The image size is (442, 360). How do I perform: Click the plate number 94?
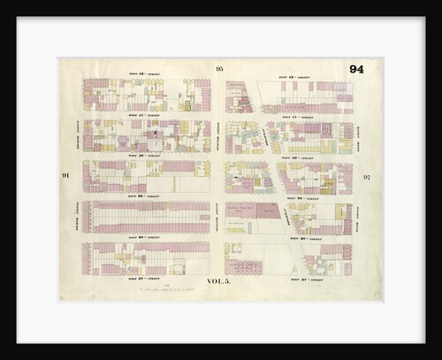point(355,70)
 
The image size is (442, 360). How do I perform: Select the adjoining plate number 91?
point(66,176)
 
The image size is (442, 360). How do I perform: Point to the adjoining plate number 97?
point(366,178)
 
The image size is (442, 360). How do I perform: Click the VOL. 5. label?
point(219,281)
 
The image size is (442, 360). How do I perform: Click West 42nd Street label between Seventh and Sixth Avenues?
point(292,76)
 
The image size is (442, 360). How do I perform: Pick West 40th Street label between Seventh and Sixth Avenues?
point(296,157)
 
